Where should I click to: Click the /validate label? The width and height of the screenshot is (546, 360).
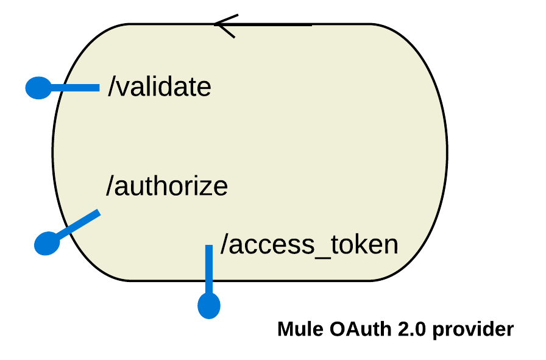coord(160,87)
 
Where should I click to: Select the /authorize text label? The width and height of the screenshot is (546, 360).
coord(167,186)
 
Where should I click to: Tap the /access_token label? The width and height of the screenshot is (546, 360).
coord(309,245)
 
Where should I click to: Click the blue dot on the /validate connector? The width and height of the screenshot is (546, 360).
coord(38,88)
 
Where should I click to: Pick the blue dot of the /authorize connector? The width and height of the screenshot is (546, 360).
coord(47,243)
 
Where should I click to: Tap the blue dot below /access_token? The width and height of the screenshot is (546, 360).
coord(209,305)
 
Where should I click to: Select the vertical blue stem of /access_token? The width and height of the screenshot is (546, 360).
coord(209,268)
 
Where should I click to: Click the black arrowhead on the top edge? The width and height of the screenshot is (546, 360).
coord(223,26)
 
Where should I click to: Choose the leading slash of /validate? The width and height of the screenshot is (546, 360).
coord(112,87)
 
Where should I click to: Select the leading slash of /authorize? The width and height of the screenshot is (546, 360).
coord(110,186)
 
